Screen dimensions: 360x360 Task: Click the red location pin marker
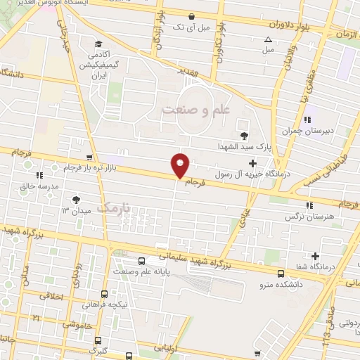[x=181, y=164]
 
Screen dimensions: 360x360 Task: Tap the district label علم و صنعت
[x=196, y=110]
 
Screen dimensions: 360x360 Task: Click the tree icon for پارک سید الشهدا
[x=244, y=136]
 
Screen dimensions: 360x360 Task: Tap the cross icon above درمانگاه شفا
[x=316, y=256]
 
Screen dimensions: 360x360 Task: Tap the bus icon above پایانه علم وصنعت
[x=143, y=261]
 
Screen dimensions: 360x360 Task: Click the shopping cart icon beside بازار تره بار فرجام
[x=88, y=157]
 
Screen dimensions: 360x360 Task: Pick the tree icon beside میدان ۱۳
[x=75, y=200]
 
